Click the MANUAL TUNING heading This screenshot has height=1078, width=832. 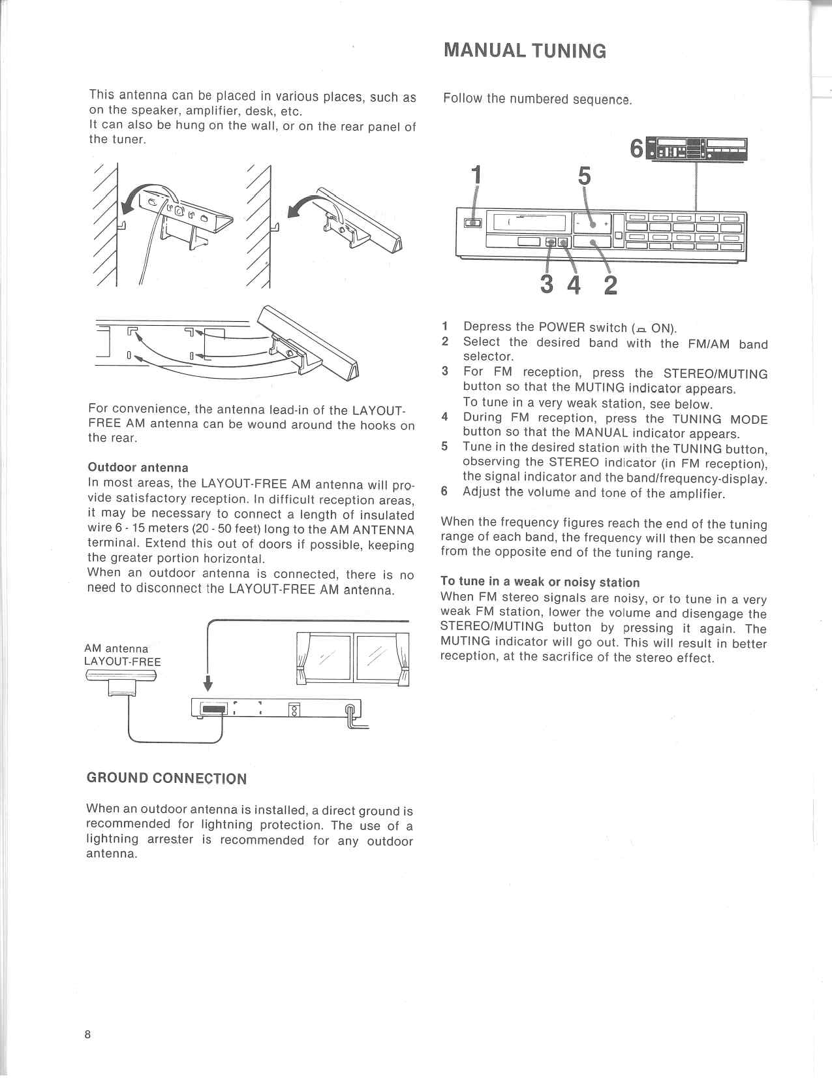(x=525, y=51)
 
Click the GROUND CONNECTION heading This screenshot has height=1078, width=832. (x=166, y=778)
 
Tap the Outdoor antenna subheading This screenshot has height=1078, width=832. (x=138, y=468)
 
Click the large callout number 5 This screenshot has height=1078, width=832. (x=584, y=176)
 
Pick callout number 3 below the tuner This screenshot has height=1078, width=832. (x=547, y=285)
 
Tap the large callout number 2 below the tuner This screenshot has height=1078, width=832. (x=610, y=285)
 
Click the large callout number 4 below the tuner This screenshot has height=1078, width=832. (x=574, y=285)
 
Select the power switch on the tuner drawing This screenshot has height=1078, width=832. (x=472, y=223)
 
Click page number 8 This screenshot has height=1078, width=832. (x=87, y=1034)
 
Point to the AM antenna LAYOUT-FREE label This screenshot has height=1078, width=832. (x=122, y=655)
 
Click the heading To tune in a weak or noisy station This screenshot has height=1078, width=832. (x=540, y=582)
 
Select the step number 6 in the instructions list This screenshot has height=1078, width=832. (x=444, y=492)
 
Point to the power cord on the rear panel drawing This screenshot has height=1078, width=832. (x=353, y=716)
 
